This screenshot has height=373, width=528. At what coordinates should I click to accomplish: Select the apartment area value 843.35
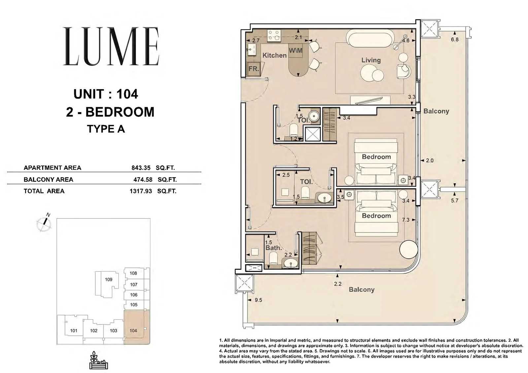pyautogui.click(x=141, y=168)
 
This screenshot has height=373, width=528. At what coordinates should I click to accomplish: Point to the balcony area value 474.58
pyautogui.click(x=143, y=179)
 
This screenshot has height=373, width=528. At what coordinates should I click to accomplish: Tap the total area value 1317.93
pyautogui.click(x=141, y=191)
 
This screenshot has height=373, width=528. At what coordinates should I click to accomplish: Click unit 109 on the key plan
pyautogui.click(x=109, y=279)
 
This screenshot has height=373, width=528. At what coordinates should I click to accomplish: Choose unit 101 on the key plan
pyautogui.click(x=74, y=330)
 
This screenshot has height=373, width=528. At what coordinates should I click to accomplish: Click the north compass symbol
pyautogui.click(x=44, y=222)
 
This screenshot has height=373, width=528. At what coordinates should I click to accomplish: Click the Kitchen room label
pyautogui.click(x=275, y=55)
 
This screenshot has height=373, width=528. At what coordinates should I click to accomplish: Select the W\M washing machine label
pyautogui.click(x=296, y=51)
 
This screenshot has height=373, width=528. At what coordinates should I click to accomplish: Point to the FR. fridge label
pyautogui.click(x=254, y=69)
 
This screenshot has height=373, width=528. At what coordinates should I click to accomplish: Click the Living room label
pyautogui.click(x=371, y=60)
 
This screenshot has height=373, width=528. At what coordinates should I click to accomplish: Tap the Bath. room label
pyautogui.click(x=274, y=248)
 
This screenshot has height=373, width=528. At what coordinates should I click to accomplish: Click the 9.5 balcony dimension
pyautogui.click(x=258, y=300)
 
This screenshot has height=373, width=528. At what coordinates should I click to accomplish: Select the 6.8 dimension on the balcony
pyautogui.click(x=455, y=40)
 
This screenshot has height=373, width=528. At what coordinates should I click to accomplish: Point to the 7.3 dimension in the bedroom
pyautogui.click(x=406, y=220)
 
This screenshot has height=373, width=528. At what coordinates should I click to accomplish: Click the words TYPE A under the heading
pyautogui.click(x=106, y=129)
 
